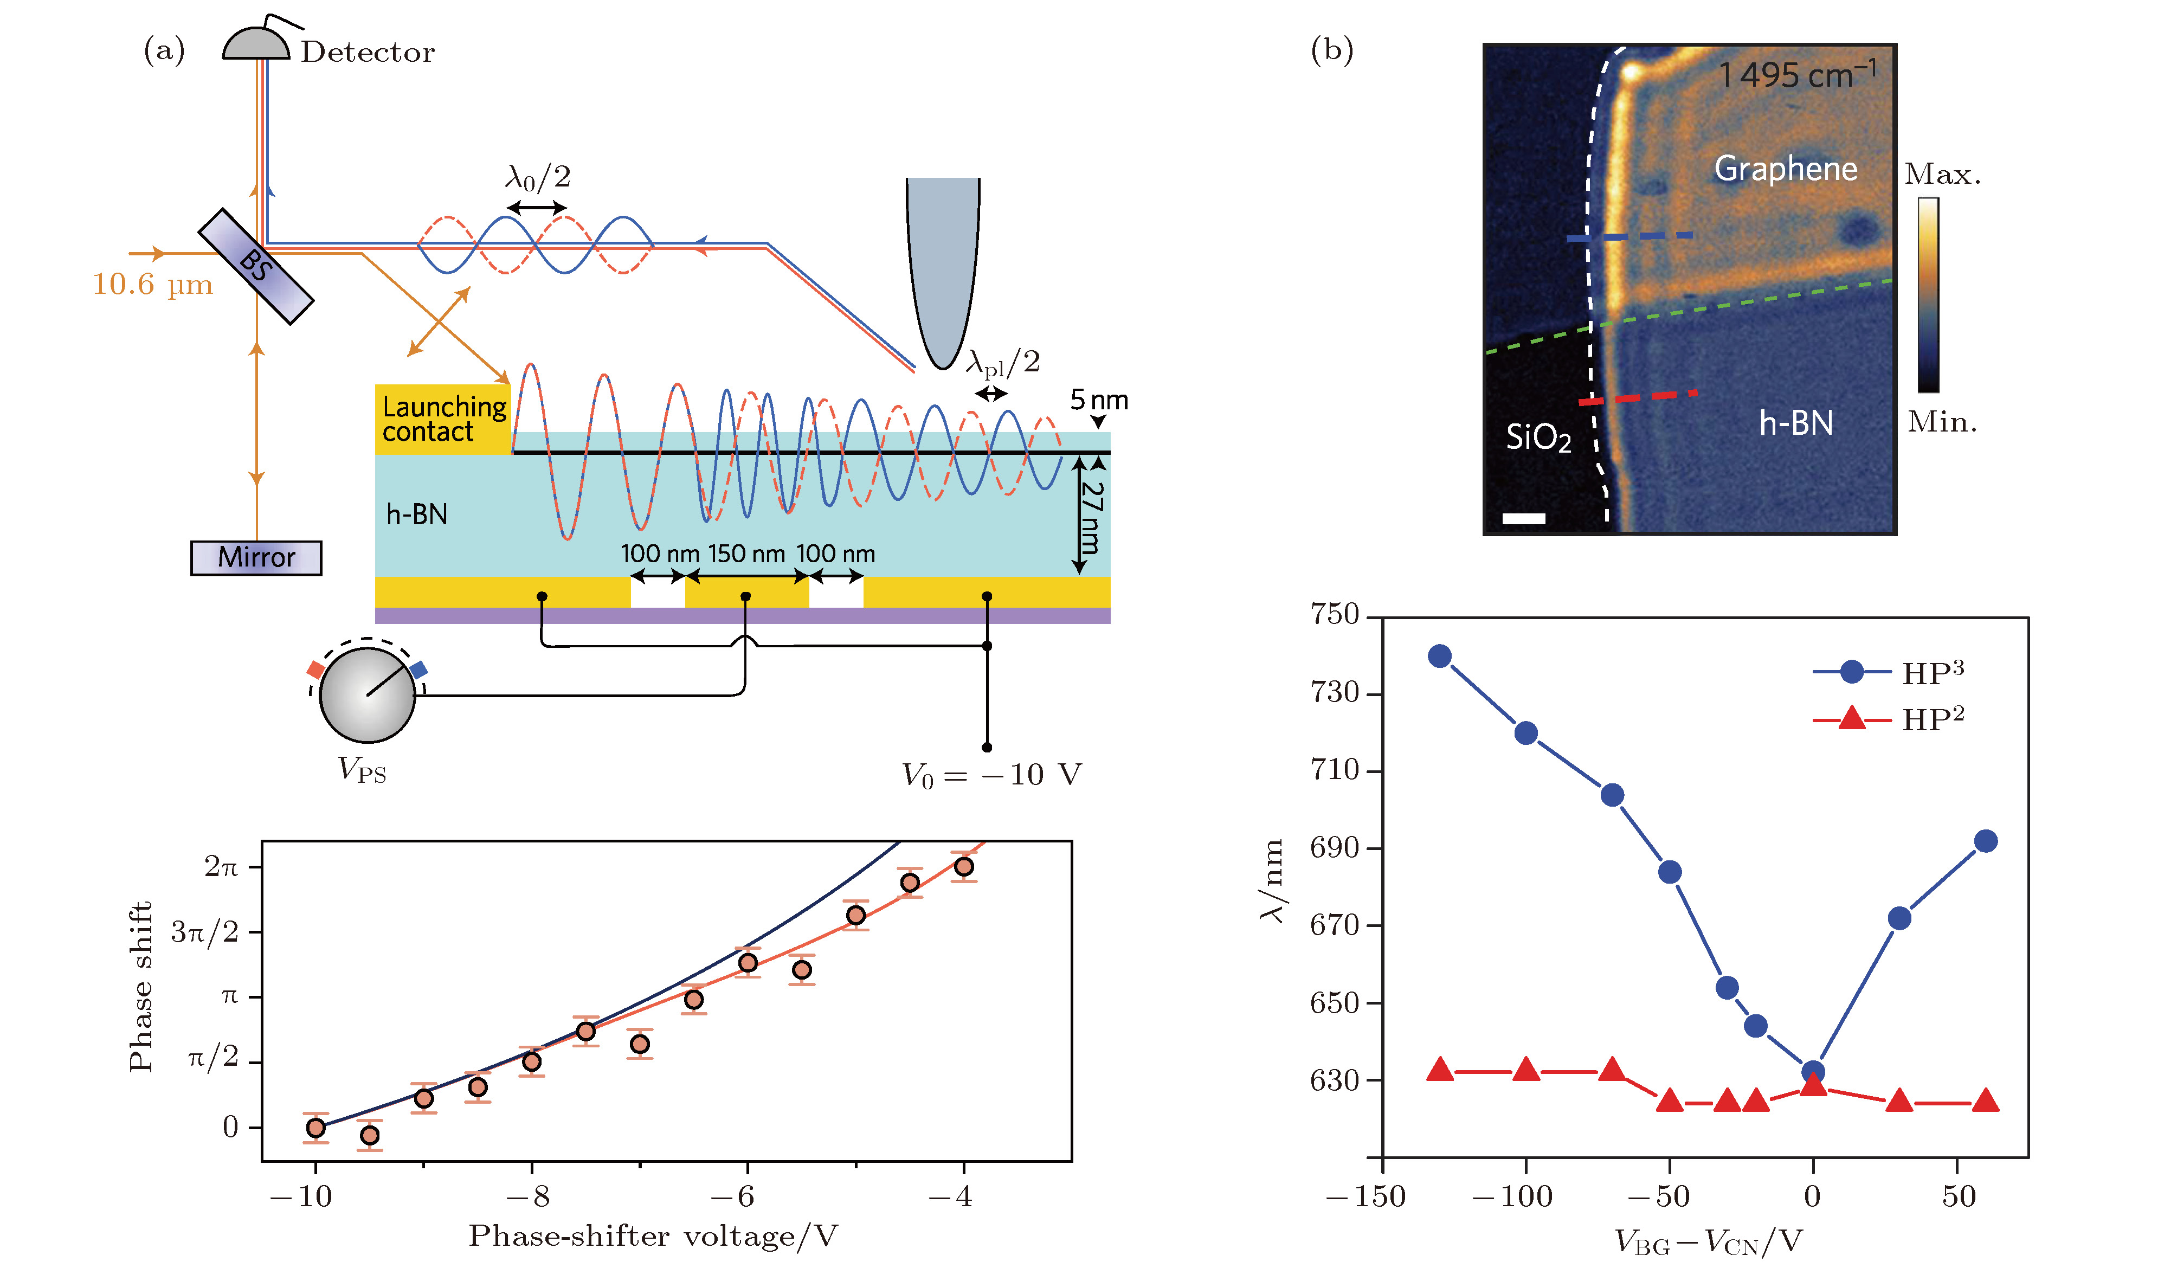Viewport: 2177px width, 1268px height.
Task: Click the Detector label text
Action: [367, 52]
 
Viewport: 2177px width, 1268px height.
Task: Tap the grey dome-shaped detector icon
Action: [256, 44]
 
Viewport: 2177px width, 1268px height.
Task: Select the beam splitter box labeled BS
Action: [256, 266]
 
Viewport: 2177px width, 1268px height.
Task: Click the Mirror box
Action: [256, 557]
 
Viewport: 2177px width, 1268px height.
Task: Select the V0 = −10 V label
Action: [991, 775]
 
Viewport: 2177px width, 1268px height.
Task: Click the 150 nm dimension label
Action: [746, 553]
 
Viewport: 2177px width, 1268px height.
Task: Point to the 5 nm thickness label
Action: [1098, 400]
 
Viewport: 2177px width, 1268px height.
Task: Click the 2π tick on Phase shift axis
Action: [221, 866]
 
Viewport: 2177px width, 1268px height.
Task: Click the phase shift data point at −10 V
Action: [315, 1127]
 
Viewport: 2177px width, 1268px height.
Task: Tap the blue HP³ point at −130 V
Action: [1439, 655]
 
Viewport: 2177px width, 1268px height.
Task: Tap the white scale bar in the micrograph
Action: [1524, 518]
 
